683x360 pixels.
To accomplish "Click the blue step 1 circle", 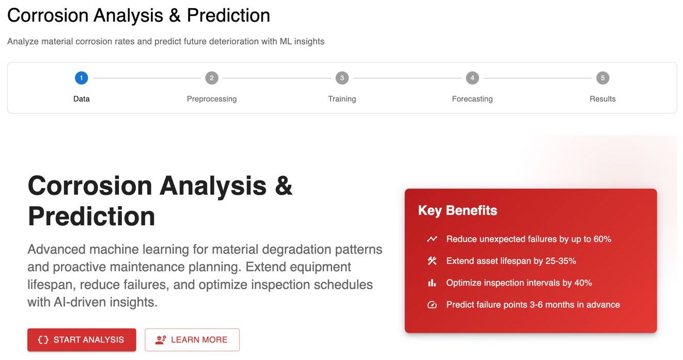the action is [82, 78].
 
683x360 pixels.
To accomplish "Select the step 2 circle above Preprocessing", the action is [212, 78].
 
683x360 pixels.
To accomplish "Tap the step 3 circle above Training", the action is [342, 78].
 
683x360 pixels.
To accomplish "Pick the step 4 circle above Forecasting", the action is [472, 78].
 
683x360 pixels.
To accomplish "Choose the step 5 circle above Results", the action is [603, 78].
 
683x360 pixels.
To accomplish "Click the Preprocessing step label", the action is [212, 99].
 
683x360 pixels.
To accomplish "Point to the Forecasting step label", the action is [472, 99].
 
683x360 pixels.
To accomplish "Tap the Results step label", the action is [602, 99].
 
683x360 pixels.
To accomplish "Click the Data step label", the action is [82, 99].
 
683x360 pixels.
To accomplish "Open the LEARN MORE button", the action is [192, 339].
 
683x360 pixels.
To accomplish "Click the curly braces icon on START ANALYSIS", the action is [43, 340].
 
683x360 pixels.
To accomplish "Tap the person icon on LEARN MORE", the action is [160, 340].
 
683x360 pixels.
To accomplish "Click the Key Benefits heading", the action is [457, 211].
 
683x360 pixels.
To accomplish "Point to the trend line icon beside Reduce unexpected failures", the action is [432, 239].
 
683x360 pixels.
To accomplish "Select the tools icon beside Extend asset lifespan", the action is [432, 261].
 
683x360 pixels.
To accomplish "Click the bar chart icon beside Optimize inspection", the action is [432, 283].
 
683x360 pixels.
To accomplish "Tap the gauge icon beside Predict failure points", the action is [432, 305].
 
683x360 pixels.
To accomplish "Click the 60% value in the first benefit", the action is [602, 239].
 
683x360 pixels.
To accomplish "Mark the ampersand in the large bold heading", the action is [284, 185].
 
